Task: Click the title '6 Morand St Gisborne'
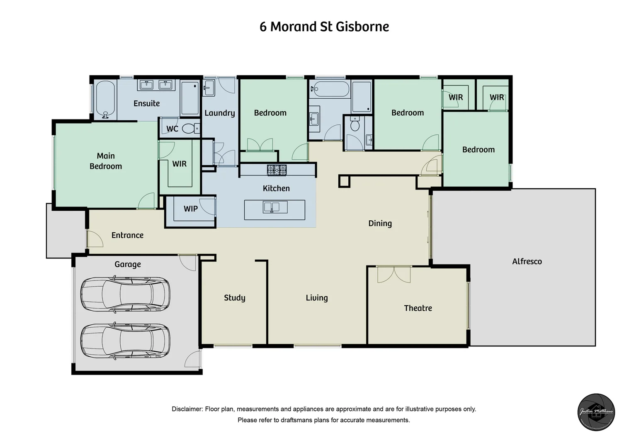pos(324,27)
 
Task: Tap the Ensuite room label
pos(146,103)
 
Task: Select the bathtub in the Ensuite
pos(105,100)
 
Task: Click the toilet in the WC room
pos(190,129)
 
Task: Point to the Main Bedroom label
pos(106,161)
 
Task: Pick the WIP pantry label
pos(190,209)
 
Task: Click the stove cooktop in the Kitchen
pos(277,170)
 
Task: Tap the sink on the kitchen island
pos(275,207)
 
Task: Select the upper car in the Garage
pos(125,295)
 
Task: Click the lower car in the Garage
pos(125,341)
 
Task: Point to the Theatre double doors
pos(394,274)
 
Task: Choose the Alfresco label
pos(527,261)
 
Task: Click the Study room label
pos(234,298)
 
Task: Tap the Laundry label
pos(219,113)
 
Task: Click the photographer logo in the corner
pos(596,412)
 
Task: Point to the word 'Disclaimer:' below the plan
pos(187,409)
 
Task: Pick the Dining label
pos(380,224)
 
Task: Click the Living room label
pos(316,298)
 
